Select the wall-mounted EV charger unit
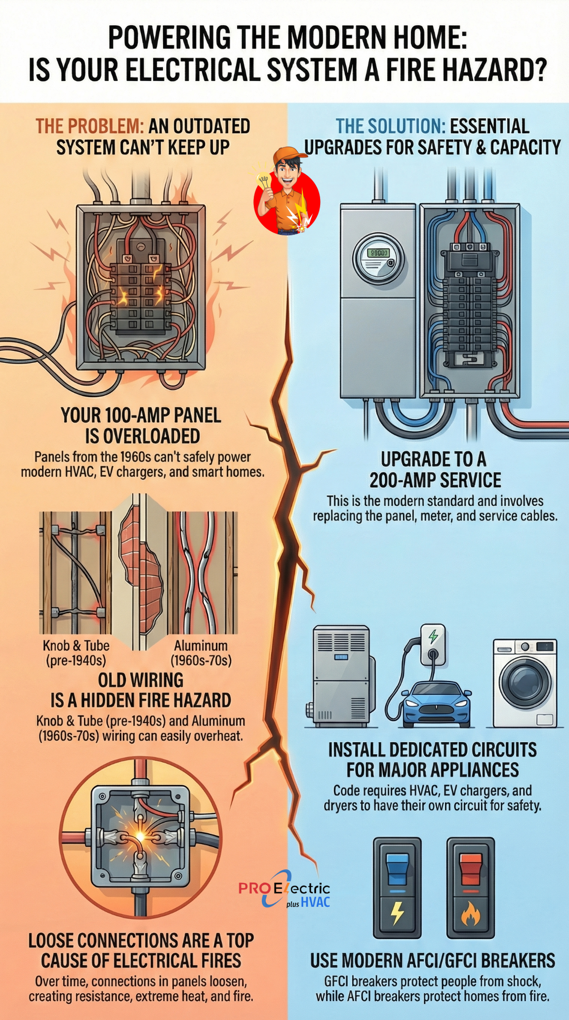coord(432,644)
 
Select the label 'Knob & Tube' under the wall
coord(76,645)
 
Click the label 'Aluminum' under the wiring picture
coord(201,645)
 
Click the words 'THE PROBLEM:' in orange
coord(89,126)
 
